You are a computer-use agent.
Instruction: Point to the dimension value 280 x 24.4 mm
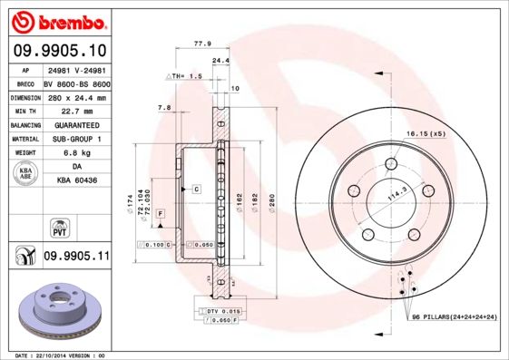coord(76,96)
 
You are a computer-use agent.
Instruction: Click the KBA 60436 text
coord(76,181)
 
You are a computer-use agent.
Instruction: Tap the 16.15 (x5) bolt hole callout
coord(426,133)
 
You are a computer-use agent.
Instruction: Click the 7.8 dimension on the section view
coord(164,108)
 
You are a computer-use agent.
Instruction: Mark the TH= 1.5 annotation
coord(186,77)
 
